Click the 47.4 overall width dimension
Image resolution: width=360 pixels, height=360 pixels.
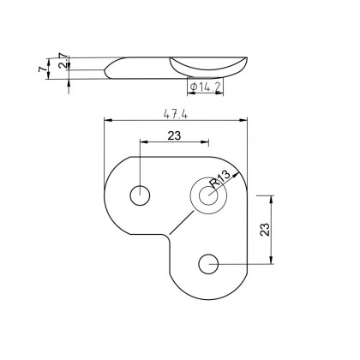(177, 111)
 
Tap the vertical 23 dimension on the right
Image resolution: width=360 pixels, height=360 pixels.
(264, 230)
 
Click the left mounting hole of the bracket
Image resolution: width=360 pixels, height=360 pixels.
(139, 195)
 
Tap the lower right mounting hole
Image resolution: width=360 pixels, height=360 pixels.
(208, 264)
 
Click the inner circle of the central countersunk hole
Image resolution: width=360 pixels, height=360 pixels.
(208, 195)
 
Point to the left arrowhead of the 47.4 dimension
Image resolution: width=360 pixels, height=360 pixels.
(106, 120)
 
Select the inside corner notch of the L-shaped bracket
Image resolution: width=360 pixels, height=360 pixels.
(169, 234)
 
